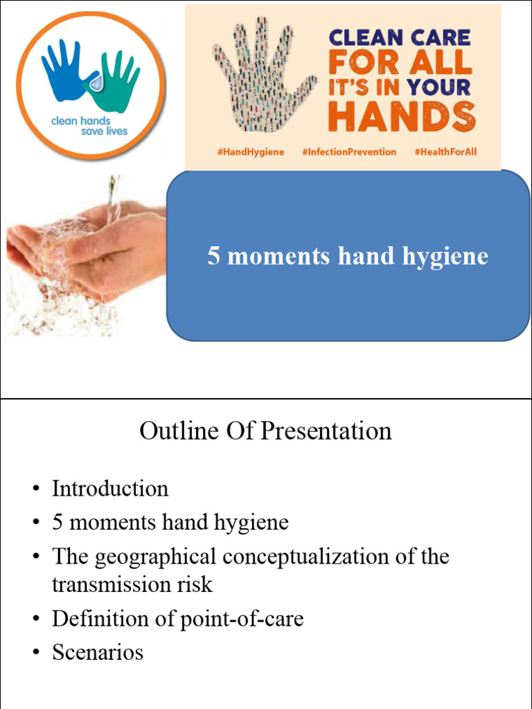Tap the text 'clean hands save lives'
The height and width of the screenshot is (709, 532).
[89, 126]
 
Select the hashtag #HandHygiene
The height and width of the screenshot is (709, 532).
[250, 152]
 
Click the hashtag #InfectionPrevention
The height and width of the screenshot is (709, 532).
[349, 152]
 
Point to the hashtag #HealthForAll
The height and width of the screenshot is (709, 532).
[445, 152]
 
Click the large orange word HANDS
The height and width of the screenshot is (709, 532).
[402, 116]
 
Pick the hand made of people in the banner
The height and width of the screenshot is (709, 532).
[260, 76]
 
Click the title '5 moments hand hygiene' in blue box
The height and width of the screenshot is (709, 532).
[348, 257]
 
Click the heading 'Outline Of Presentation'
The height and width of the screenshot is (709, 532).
[265, 431]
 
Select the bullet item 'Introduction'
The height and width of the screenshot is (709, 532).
[110, 489]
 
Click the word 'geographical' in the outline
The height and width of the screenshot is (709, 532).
[155, 557]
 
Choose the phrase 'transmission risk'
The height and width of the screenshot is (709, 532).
[132, 584]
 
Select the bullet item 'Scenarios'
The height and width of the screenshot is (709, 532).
[98, 652]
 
